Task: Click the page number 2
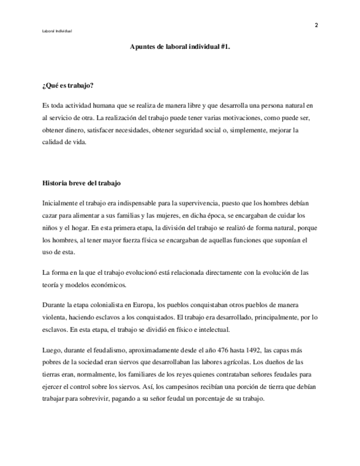pyautogui.click(x=316, y=25)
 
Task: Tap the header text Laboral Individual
pyautogui.click(x=57, y=31)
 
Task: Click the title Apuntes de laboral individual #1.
pyautogui.click(x=180, y=47)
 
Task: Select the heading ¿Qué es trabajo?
pyautogui.click(x=68, y=86)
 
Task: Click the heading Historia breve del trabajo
pyautogui.click(x=81, y=182)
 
